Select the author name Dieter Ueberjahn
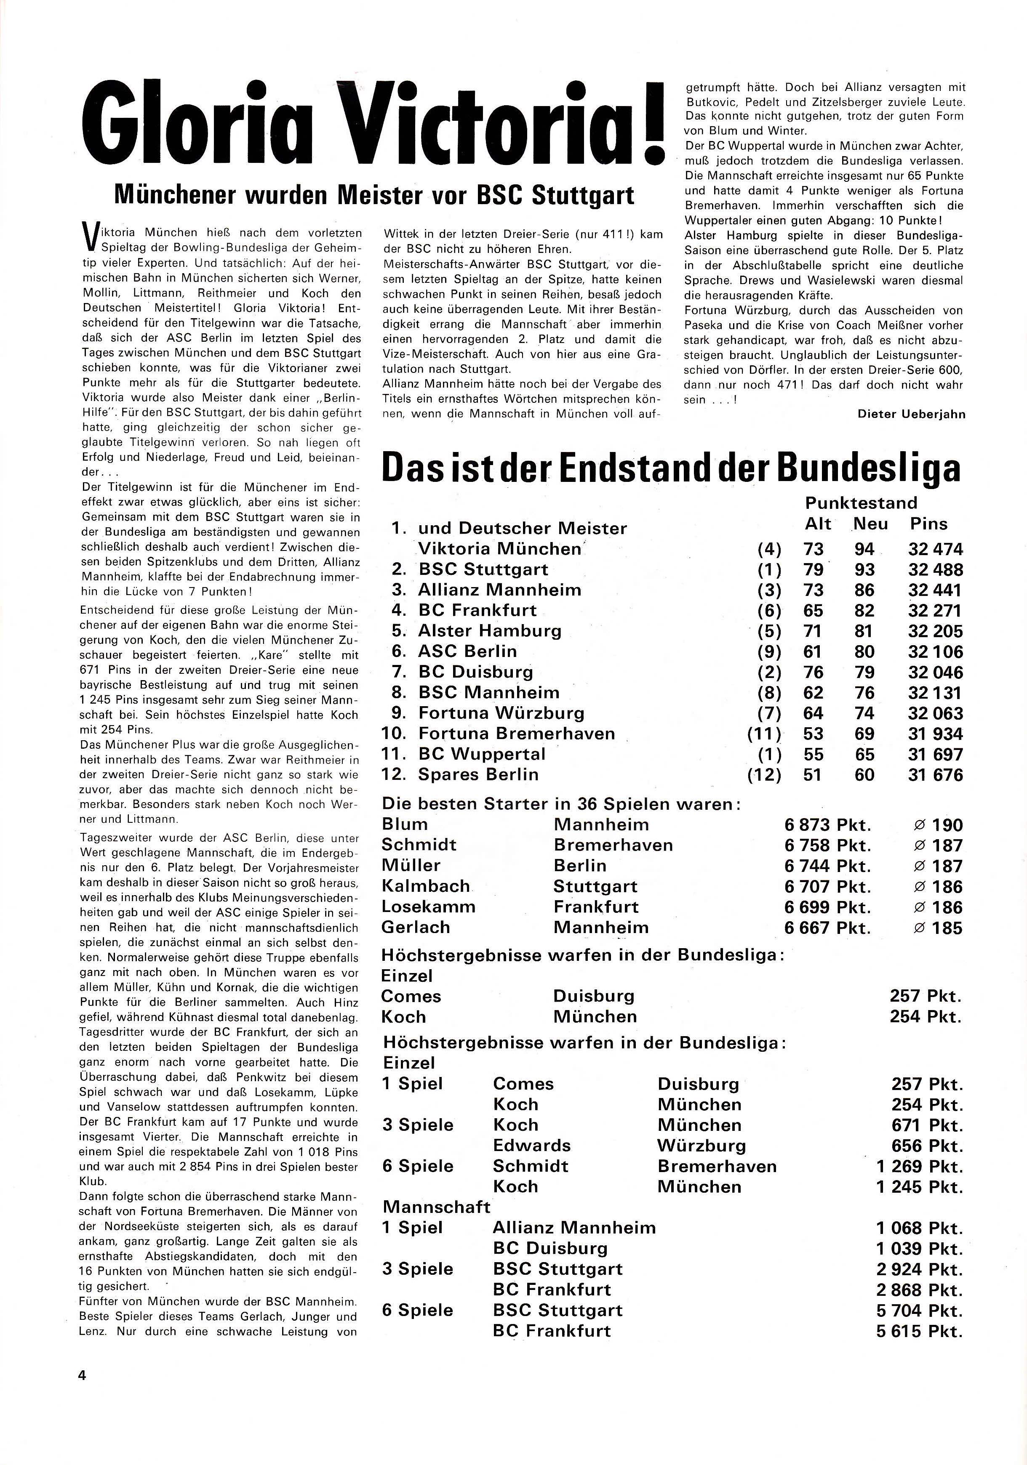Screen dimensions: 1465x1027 (911, 414)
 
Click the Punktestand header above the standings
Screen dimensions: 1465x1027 (861, 503)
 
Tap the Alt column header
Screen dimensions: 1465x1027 (818, 524)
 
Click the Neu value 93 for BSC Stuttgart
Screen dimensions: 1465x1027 (864, 570)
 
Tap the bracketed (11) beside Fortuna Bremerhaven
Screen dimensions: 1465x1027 (764, 734)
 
